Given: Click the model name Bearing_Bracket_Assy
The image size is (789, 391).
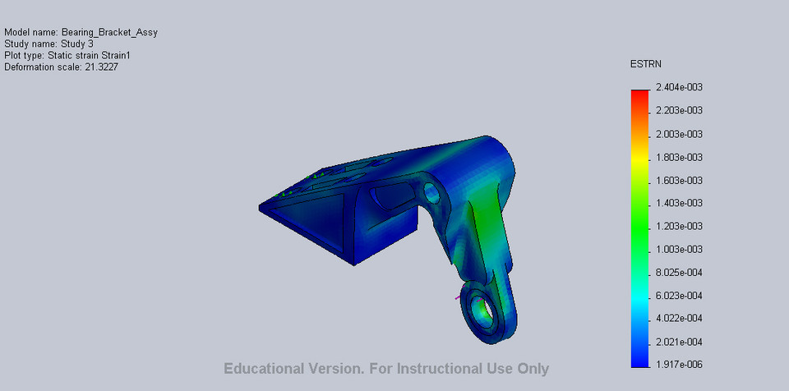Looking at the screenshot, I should tap(109, 32).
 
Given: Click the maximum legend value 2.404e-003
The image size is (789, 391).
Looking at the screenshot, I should tap(679, 87).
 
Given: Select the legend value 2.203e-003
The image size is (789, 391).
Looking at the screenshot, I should tap(679, 110).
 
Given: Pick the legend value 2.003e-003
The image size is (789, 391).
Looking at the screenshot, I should tap(679, 134).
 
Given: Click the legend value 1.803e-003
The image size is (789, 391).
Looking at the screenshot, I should tap(679, 157).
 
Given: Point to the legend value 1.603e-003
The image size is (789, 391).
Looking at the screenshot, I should tap(679, 180).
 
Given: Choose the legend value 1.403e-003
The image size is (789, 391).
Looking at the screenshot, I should tap(679, 203).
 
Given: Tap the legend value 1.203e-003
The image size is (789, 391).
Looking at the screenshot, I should tap(679, 226).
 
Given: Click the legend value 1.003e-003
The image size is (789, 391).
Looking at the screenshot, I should tap(679, 249).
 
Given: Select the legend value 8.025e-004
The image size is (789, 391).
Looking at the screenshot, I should tap(679, 272).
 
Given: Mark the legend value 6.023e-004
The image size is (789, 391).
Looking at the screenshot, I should tap(679, 295).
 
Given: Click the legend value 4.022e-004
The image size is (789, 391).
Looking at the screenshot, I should tap(679, 318).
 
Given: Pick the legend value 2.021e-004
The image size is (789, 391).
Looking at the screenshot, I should tap(679, 342).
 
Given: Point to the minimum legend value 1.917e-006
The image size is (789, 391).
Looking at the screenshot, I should tap(679, 365).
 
